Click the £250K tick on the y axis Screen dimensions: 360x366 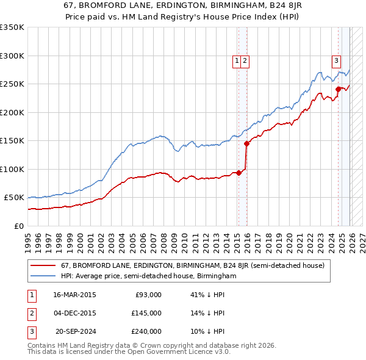12,84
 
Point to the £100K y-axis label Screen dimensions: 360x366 12,169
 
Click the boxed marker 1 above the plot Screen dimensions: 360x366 237,60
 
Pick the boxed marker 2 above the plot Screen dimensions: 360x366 245,60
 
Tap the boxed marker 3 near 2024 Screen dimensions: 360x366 335,60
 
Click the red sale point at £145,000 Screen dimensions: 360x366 247,144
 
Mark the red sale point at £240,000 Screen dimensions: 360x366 338,90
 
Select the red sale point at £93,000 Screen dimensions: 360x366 239,173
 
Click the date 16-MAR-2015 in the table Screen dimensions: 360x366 74,295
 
